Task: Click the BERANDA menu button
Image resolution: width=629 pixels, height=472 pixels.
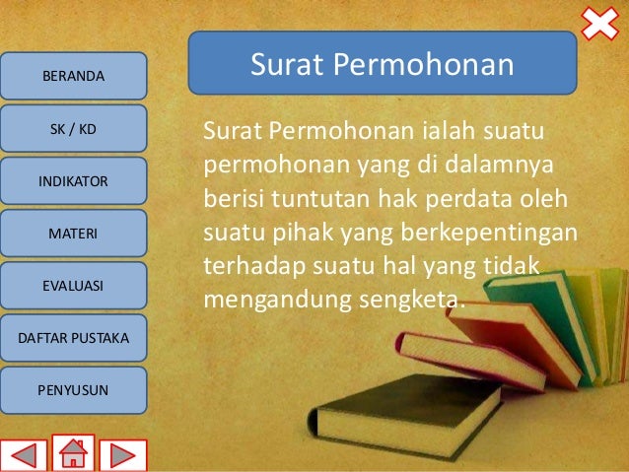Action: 73,76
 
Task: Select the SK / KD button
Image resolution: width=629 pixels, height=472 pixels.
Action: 73,129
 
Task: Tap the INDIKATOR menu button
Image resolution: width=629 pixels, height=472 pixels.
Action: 73,181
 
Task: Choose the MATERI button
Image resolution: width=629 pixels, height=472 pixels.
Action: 73,234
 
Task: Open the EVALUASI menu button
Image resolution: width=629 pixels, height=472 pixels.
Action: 73,286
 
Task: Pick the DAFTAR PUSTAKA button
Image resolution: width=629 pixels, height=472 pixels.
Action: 73,339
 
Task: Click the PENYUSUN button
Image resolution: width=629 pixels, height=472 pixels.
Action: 73,391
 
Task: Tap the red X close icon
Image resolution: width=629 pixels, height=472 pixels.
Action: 598,24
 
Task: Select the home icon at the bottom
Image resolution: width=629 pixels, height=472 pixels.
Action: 73,453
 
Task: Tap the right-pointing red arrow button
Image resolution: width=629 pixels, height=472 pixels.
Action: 122,455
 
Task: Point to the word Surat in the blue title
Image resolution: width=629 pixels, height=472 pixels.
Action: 286,65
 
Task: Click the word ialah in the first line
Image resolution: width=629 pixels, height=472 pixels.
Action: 447,131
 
